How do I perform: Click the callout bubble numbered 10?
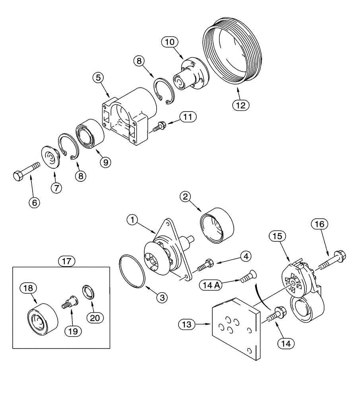pos(170,42)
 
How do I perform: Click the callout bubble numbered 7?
pos(56,188)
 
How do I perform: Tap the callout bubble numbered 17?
pos(66,261)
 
